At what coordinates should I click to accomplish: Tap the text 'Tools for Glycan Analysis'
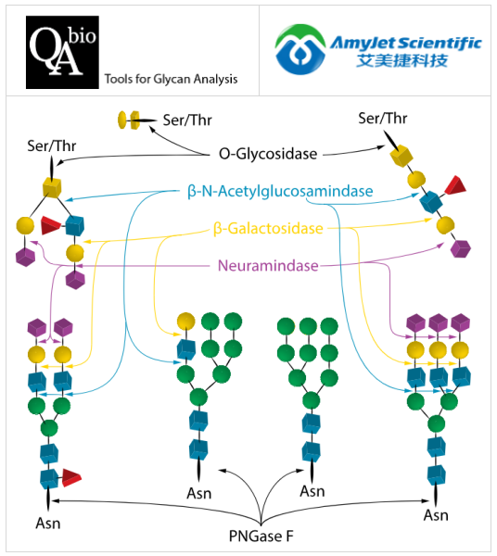[172, 80]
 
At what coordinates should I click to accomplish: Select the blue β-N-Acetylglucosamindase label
[280, 192]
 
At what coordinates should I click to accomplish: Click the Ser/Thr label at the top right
[383, 118]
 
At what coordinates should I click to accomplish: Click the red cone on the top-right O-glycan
[454, 185]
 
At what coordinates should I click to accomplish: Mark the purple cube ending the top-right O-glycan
[462, 248]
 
